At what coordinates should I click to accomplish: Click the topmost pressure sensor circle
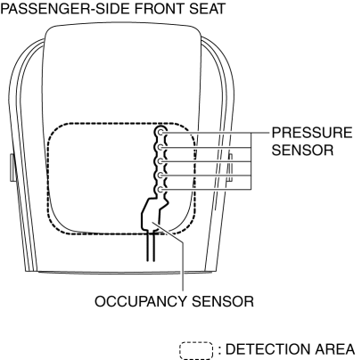pyautogui.click(x=160, y=132)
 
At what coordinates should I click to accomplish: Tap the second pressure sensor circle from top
pyautogui.click(x=160, y=147)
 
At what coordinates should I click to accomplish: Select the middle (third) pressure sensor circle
pyautogui.click(x=160, y=161)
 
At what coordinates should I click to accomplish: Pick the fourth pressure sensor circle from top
pyautogui.click(x=160, y=175)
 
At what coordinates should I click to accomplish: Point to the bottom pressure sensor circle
pyautogui.click(x=160, y=189)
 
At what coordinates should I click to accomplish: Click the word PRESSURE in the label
pyautogui.click(x=312, y=133)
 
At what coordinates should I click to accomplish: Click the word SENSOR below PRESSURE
pyautogui.click(x=302, y=150)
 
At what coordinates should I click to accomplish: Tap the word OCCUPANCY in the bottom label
pyautogui.click(x=141, y=301)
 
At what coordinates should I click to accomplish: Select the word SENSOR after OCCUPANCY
pyautogui.click(x=223, y=301)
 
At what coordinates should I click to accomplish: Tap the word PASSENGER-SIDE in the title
pyautogui.click(x=66, y=9)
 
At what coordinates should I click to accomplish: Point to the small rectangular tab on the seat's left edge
pyautogui.click(x=12, y=168)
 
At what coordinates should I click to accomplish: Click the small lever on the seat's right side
pyautogui.click(x=230, y=168)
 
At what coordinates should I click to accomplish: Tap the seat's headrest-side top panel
pyautogui.click(x=123, y=74)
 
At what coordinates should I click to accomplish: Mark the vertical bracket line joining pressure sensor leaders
pyautogui.click(x=251, y=160)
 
